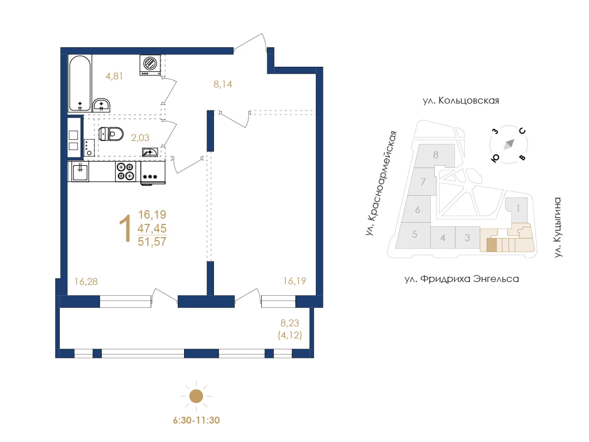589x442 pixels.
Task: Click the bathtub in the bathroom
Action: pos(80,83)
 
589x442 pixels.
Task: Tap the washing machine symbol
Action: pos(150,64)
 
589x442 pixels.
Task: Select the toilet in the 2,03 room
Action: pos(111,134)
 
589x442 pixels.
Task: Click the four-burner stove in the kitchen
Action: pos(125,172)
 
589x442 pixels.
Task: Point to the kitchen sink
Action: pos(80,172)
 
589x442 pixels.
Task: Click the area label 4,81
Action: pos(114,77)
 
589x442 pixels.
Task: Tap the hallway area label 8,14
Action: pos(223,85)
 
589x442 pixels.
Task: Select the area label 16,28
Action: pos(86,281)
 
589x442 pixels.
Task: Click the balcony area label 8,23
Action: pos(290,323)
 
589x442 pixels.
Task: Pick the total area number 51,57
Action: pos(152,242)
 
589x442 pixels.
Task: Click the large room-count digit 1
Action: pos(125,228)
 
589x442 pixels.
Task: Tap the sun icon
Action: pos(196,396)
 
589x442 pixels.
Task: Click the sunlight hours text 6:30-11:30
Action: pos(196,420)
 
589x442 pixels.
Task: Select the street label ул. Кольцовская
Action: pos(461,101)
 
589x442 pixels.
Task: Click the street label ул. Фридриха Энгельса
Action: pos(462,279)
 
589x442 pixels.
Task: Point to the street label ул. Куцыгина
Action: pos(558,228)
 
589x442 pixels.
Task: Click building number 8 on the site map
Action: pos(436,155)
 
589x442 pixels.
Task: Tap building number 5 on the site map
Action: pos(414,235)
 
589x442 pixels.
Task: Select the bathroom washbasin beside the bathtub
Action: pos(101,105)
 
